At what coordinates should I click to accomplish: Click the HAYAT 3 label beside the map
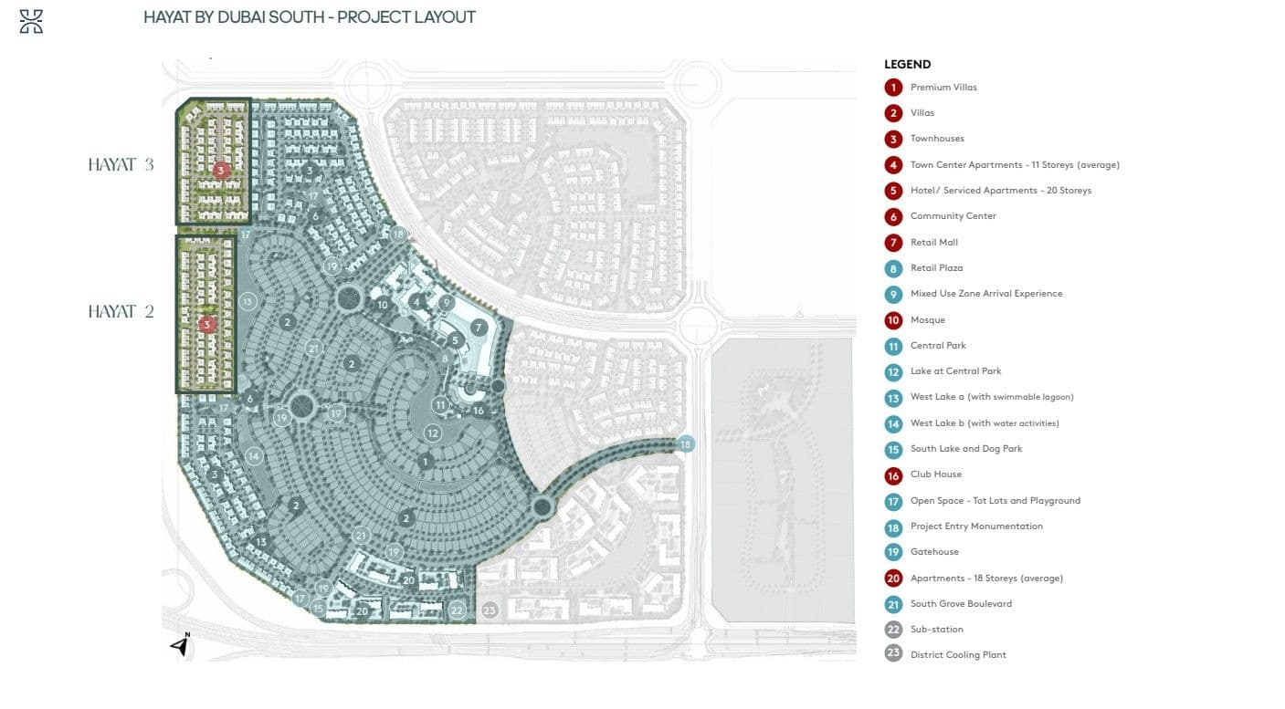pyautogui.click(x=121, y=165)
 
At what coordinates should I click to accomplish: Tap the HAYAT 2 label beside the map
pyautogui.click(x=121, y=312)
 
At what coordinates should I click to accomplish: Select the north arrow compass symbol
pyautogui.click(x=181, y=644)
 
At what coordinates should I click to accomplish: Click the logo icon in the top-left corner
pyautogui.click(x=31, y=22)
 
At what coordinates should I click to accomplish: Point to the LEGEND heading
pyautogui.click(x=907, y=65)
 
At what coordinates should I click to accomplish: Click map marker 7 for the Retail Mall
pyautogui.click(x=479, y=328)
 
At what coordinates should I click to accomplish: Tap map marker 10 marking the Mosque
pyautogui.click(x=383, y=305)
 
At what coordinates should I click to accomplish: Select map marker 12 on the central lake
pyautogui.click(x=433, y=433)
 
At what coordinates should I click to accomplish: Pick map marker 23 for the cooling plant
pyautogui.click(x=490, y=610)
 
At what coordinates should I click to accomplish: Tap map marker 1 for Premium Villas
pyautogui.click(x=425, y=462)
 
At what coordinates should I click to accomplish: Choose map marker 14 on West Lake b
pyautogui.click(x=254, y=456)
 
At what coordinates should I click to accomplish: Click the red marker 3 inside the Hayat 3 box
pyautogui.click(x=220, y=171)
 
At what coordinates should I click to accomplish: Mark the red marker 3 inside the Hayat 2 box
pyautogui.click(x=207, y=324)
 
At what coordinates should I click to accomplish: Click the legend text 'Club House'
pyautogui.click(x=935, y=474)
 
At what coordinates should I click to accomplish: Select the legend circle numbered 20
pyautogui.click(x=893, y=578)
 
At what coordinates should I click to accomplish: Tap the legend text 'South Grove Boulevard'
pyautogui.click(x=961, y=603)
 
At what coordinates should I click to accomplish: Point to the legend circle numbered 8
pyautogui.click(x=893, y=268)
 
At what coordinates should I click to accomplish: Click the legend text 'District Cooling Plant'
pyautogui.click(x=958, y=655)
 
